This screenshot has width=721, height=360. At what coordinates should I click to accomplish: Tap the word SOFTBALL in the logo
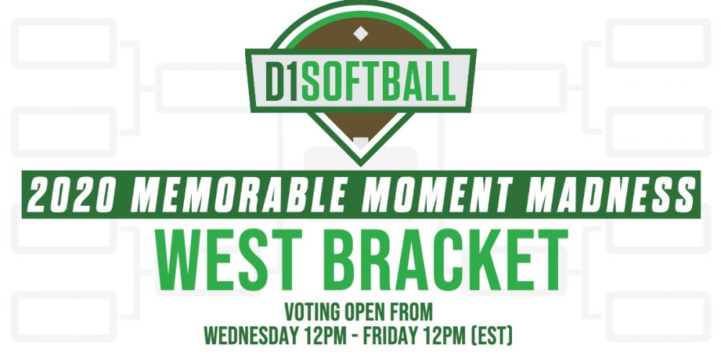coord(379,83)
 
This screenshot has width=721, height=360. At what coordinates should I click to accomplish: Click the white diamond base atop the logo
coord(360,33)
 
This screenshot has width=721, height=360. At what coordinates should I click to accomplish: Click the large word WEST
coord(231,260)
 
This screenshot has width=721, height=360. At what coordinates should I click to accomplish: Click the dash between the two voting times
coord(353,338)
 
